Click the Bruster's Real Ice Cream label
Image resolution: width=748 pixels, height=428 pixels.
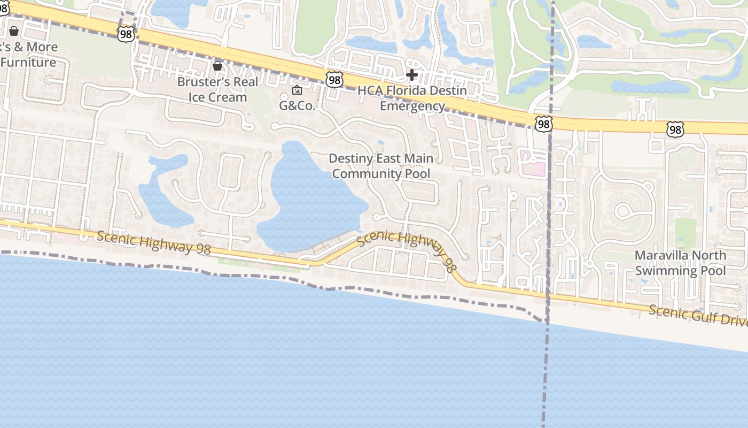(217, 89)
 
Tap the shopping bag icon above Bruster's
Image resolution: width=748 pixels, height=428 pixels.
(217, 66)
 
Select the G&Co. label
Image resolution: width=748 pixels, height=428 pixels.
(298, 105)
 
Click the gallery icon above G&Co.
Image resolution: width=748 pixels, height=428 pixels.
(297, 90)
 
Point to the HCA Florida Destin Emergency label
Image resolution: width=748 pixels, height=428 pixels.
(412, 98)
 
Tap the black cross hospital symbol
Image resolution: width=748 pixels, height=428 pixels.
(412, 75)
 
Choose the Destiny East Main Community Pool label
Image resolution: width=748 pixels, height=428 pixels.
(381, 166)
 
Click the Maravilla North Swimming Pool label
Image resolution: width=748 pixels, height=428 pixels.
(680, 263)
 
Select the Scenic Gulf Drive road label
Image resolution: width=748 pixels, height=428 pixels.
(698, 315)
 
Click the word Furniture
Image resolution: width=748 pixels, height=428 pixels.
(28, 62)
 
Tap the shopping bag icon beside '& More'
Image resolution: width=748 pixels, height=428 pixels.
(14, 32)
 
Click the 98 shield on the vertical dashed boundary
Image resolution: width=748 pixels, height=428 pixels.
(543, 125)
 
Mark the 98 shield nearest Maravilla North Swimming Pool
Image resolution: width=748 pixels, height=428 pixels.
(675, 129)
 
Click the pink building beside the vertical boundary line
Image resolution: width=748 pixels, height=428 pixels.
(533, 163)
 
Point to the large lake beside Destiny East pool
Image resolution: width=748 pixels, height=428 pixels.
(310, 198)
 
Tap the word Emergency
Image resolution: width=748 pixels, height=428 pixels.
(412, 106)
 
